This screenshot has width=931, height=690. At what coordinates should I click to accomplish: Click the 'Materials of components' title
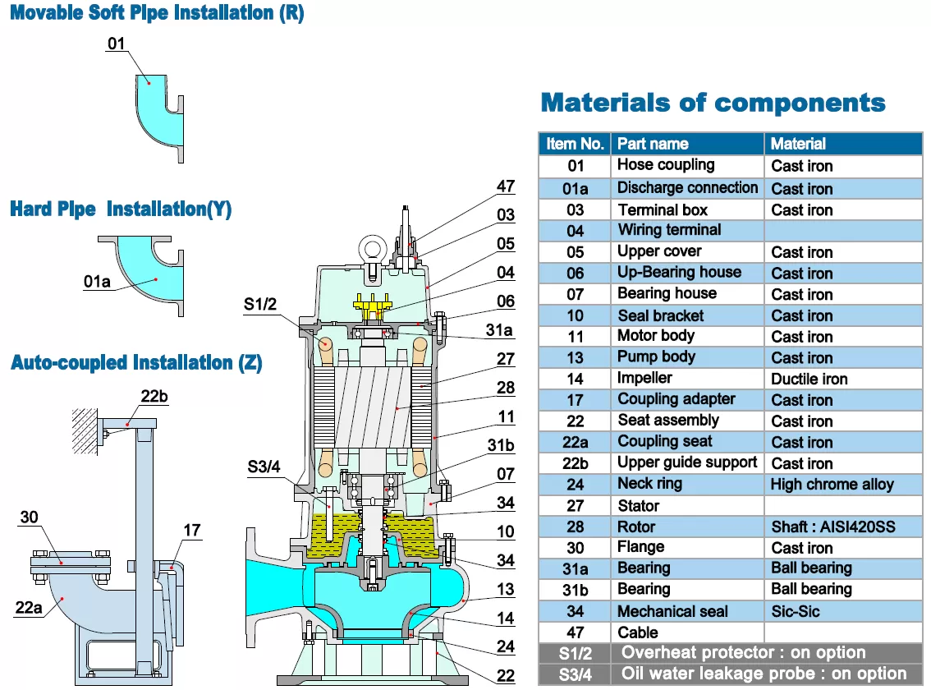(713, 103)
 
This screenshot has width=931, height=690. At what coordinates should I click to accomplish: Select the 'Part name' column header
(653, 144)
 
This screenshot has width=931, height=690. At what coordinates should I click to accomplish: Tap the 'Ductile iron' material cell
(809, 379)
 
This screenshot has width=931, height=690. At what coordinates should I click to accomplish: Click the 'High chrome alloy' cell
(831, 485)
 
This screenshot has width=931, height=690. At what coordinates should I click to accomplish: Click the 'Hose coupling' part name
(665, 165)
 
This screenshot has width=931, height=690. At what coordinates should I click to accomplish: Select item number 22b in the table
(575, 463)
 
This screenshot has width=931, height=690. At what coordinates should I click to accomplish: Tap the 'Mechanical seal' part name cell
(672, 612)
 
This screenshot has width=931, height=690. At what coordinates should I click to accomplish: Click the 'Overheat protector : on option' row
(743, 653)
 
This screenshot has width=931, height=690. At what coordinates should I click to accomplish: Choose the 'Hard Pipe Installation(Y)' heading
(121, 209)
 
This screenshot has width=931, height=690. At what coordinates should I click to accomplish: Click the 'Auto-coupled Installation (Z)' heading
(136, 363)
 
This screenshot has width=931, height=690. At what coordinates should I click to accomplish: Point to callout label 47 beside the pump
(506, 186)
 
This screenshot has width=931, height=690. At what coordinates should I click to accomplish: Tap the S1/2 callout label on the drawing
(260, 305)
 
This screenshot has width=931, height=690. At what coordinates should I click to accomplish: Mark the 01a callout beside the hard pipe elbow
(96, 282)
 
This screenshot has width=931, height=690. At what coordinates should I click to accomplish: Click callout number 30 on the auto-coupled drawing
(29, 517)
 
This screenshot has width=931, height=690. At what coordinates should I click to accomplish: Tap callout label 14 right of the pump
(506, 619)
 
